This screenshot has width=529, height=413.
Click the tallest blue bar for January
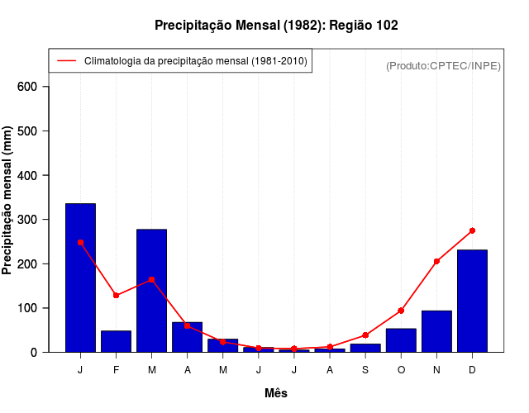(x=80, y=278)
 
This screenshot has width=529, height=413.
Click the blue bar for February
(x=116, y=341)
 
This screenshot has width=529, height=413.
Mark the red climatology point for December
(x=472, y=230)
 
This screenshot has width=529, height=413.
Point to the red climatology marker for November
(x=436, y=261)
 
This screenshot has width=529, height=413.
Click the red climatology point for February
(x=116, y=295)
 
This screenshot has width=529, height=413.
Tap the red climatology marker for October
(x=401, y=311)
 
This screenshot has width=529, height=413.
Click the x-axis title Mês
(x=276, y=393)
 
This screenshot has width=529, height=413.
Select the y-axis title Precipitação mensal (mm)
(x=8, y=207)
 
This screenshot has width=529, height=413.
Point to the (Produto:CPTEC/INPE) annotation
(x=443, y=65)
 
